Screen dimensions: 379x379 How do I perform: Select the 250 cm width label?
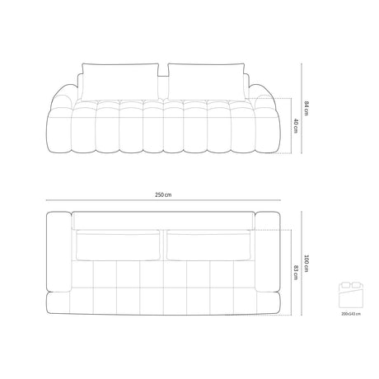164,195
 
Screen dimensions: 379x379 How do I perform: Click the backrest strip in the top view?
163,219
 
